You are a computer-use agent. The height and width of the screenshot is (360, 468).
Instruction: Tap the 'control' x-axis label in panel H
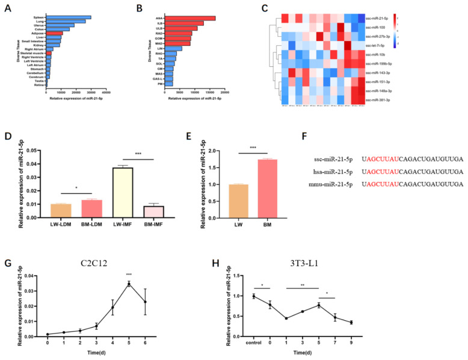pos(254,344)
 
